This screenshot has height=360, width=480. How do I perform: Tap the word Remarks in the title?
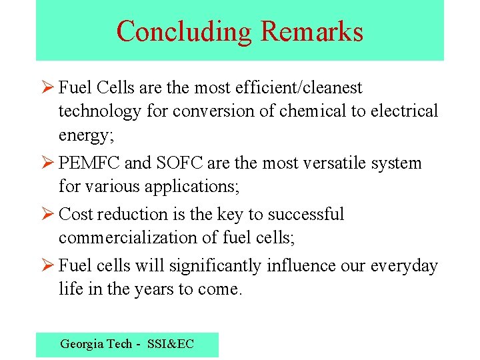pyautogui.click(x=312, y=31)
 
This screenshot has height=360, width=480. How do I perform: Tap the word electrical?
pyautogui.click(x=405, y=111)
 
